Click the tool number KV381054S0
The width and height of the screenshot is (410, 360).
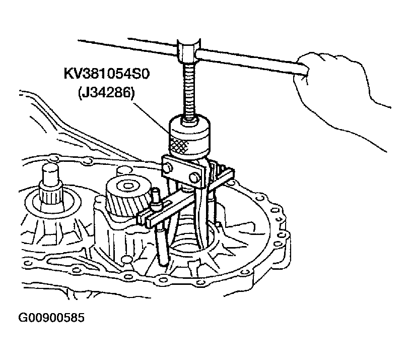(106, 74)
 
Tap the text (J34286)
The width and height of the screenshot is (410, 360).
(106, 93)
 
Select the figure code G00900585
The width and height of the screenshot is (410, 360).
(51, 318)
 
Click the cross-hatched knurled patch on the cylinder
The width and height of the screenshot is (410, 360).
(179, 146)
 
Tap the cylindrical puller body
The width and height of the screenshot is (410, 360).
(189, 136)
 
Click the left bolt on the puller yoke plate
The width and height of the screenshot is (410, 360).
(167, 167)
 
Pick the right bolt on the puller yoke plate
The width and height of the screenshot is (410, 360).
(193, 177)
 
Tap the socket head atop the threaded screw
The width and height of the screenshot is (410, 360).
(189, 51)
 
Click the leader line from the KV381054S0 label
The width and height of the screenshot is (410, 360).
(152, 117)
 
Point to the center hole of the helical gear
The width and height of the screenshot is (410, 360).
(128, 186)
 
